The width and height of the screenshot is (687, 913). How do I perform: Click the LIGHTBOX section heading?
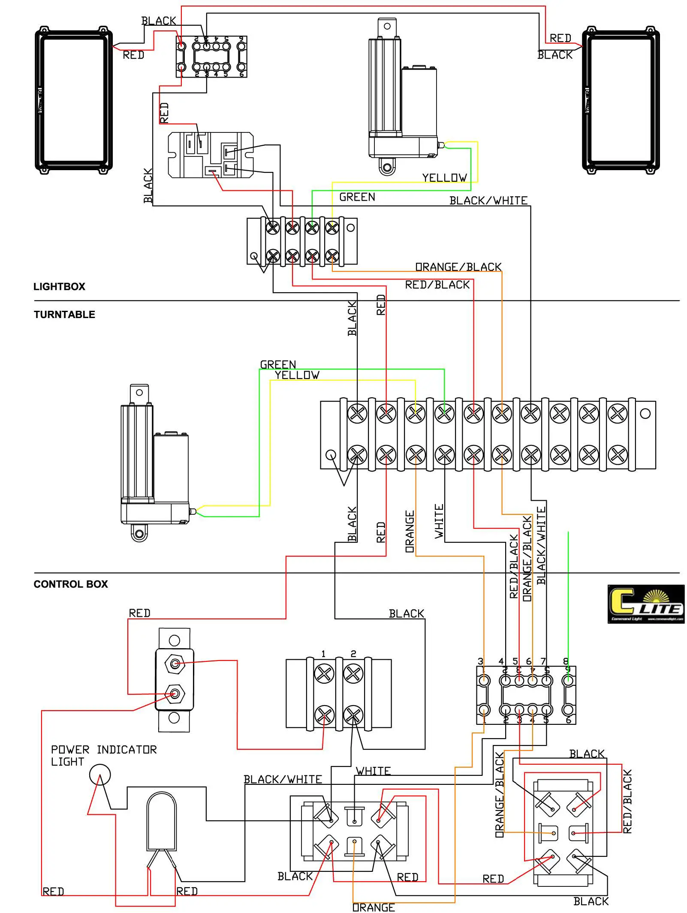click(59, 286)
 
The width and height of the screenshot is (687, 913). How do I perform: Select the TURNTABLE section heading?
click(64, 315)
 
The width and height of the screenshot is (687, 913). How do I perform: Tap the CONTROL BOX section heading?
click(71, 584)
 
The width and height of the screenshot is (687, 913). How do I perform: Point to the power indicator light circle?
click(100, 775)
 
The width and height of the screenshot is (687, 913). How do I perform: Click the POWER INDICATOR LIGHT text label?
click(103, 755)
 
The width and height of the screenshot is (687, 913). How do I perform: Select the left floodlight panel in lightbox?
click(74, 101)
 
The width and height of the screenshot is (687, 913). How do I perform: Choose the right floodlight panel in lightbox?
click(621, 101)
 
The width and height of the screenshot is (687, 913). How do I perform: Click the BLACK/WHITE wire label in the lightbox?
click(488, 201)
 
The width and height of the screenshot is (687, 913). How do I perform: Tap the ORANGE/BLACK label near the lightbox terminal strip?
click(458, 267)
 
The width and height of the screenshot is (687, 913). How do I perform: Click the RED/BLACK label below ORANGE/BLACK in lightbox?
click(437, 285)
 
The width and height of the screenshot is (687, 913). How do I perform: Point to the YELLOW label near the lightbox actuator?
click(444, 177)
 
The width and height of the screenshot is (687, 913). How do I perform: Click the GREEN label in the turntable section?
click(278, 364)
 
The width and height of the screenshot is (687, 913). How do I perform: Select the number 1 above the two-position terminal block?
click(323, 654)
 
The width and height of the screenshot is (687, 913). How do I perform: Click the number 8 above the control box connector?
click(565, 661)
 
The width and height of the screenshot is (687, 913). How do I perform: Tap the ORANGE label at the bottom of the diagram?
click(373, 907)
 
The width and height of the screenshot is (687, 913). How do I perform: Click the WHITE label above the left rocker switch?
click(373, 771)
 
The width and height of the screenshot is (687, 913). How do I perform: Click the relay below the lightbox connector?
click(210, 155)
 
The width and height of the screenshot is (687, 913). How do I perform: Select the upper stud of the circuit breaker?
click(175, 664)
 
